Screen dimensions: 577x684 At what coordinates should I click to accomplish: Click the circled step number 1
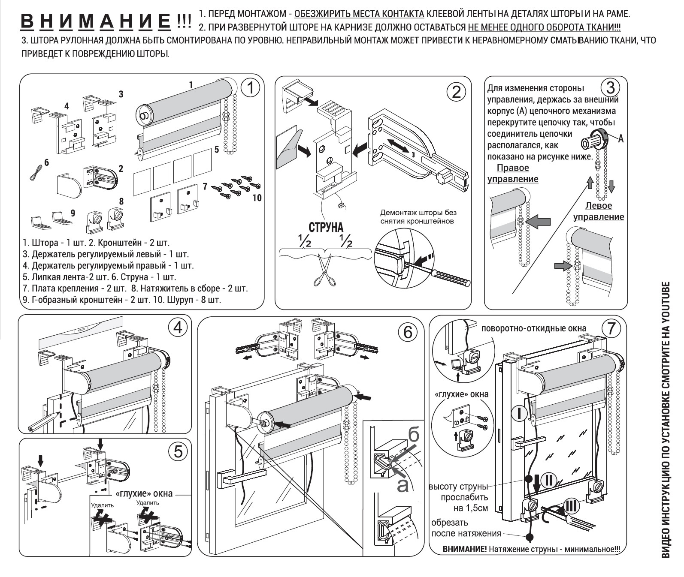tap(250, 88)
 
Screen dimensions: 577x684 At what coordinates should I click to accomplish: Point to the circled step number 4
tap(177, 328)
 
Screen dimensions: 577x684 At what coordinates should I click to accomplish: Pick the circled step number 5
tap(177, 451)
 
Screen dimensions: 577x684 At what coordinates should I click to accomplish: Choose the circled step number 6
tap(407, 332)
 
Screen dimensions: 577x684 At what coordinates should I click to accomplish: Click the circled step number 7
tap(611, 329)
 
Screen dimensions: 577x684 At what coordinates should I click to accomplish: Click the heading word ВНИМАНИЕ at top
tap(95, 21)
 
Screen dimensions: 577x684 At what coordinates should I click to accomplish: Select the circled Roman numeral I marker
tap(519, 413)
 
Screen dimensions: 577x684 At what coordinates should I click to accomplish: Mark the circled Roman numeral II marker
tap(548, 480)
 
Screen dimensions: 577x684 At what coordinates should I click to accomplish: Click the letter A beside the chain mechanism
tap(620, 138)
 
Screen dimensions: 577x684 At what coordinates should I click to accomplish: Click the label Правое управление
tap(513, 173)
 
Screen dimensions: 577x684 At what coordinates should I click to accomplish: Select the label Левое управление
tap(599, 211)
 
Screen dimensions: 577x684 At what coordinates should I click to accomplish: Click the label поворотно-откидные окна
tap(533, 328)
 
